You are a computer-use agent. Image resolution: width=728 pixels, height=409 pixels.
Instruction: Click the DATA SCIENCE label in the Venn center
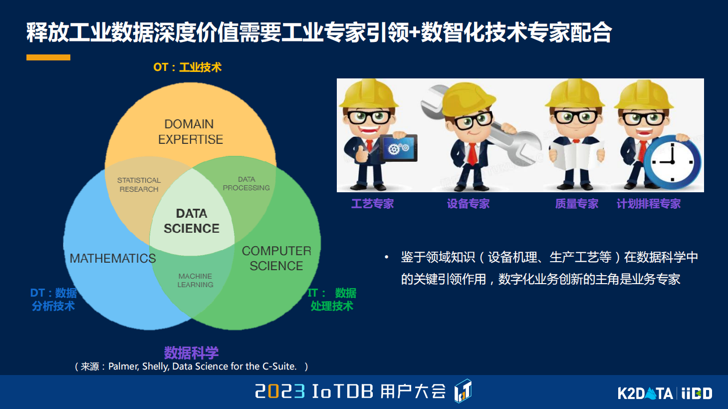(x=192, y=221)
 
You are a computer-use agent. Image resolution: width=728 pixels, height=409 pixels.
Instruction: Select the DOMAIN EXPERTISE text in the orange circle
(x=191, y=132)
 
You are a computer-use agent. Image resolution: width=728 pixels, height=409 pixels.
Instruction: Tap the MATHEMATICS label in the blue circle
(x=113, y=258)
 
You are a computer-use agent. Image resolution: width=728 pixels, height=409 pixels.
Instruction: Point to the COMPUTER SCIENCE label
(x=276, y=258)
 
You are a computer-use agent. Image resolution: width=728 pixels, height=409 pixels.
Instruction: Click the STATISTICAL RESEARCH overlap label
(x=139, y=184)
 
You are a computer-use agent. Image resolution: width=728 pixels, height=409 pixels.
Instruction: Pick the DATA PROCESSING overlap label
(x=246, y=183)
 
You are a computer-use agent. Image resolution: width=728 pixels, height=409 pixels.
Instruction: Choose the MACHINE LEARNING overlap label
(x=195, y=280)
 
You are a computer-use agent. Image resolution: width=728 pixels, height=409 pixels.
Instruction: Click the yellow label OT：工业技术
(x=187, y=67)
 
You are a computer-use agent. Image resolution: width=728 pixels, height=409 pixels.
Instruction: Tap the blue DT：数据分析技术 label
(x=53, y=299)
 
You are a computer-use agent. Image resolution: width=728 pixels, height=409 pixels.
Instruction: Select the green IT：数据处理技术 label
(x=332, y=299)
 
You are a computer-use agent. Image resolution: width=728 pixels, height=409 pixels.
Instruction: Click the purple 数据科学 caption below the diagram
(x=191, y=353)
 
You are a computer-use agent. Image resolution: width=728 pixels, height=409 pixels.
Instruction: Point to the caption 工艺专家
(x=372, y=204)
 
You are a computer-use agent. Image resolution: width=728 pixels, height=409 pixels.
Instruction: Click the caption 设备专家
(x=468, y=204)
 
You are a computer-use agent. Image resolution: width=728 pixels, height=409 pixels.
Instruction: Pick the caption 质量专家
(x=576, y=204)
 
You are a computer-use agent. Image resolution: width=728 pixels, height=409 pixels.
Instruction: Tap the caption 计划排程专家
(x=648, y=204)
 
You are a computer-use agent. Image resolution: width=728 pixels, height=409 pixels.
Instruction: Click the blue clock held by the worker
(x=672, y=162)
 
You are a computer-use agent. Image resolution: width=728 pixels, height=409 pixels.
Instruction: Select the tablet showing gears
(x=398, y=148)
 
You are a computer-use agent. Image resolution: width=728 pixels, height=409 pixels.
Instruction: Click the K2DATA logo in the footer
(x=645, y=394)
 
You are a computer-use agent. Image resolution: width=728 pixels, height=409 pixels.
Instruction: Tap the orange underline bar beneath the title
(x=48, y=57)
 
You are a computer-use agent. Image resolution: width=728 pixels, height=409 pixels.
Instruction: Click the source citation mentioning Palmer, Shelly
(x=191, y=367)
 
